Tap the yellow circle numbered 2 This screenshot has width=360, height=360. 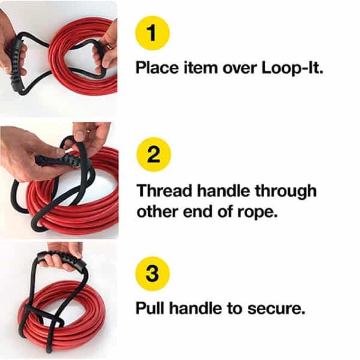point(154,154)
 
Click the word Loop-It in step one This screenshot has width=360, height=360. point(292,68)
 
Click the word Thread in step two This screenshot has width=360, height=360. point(164,190)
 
